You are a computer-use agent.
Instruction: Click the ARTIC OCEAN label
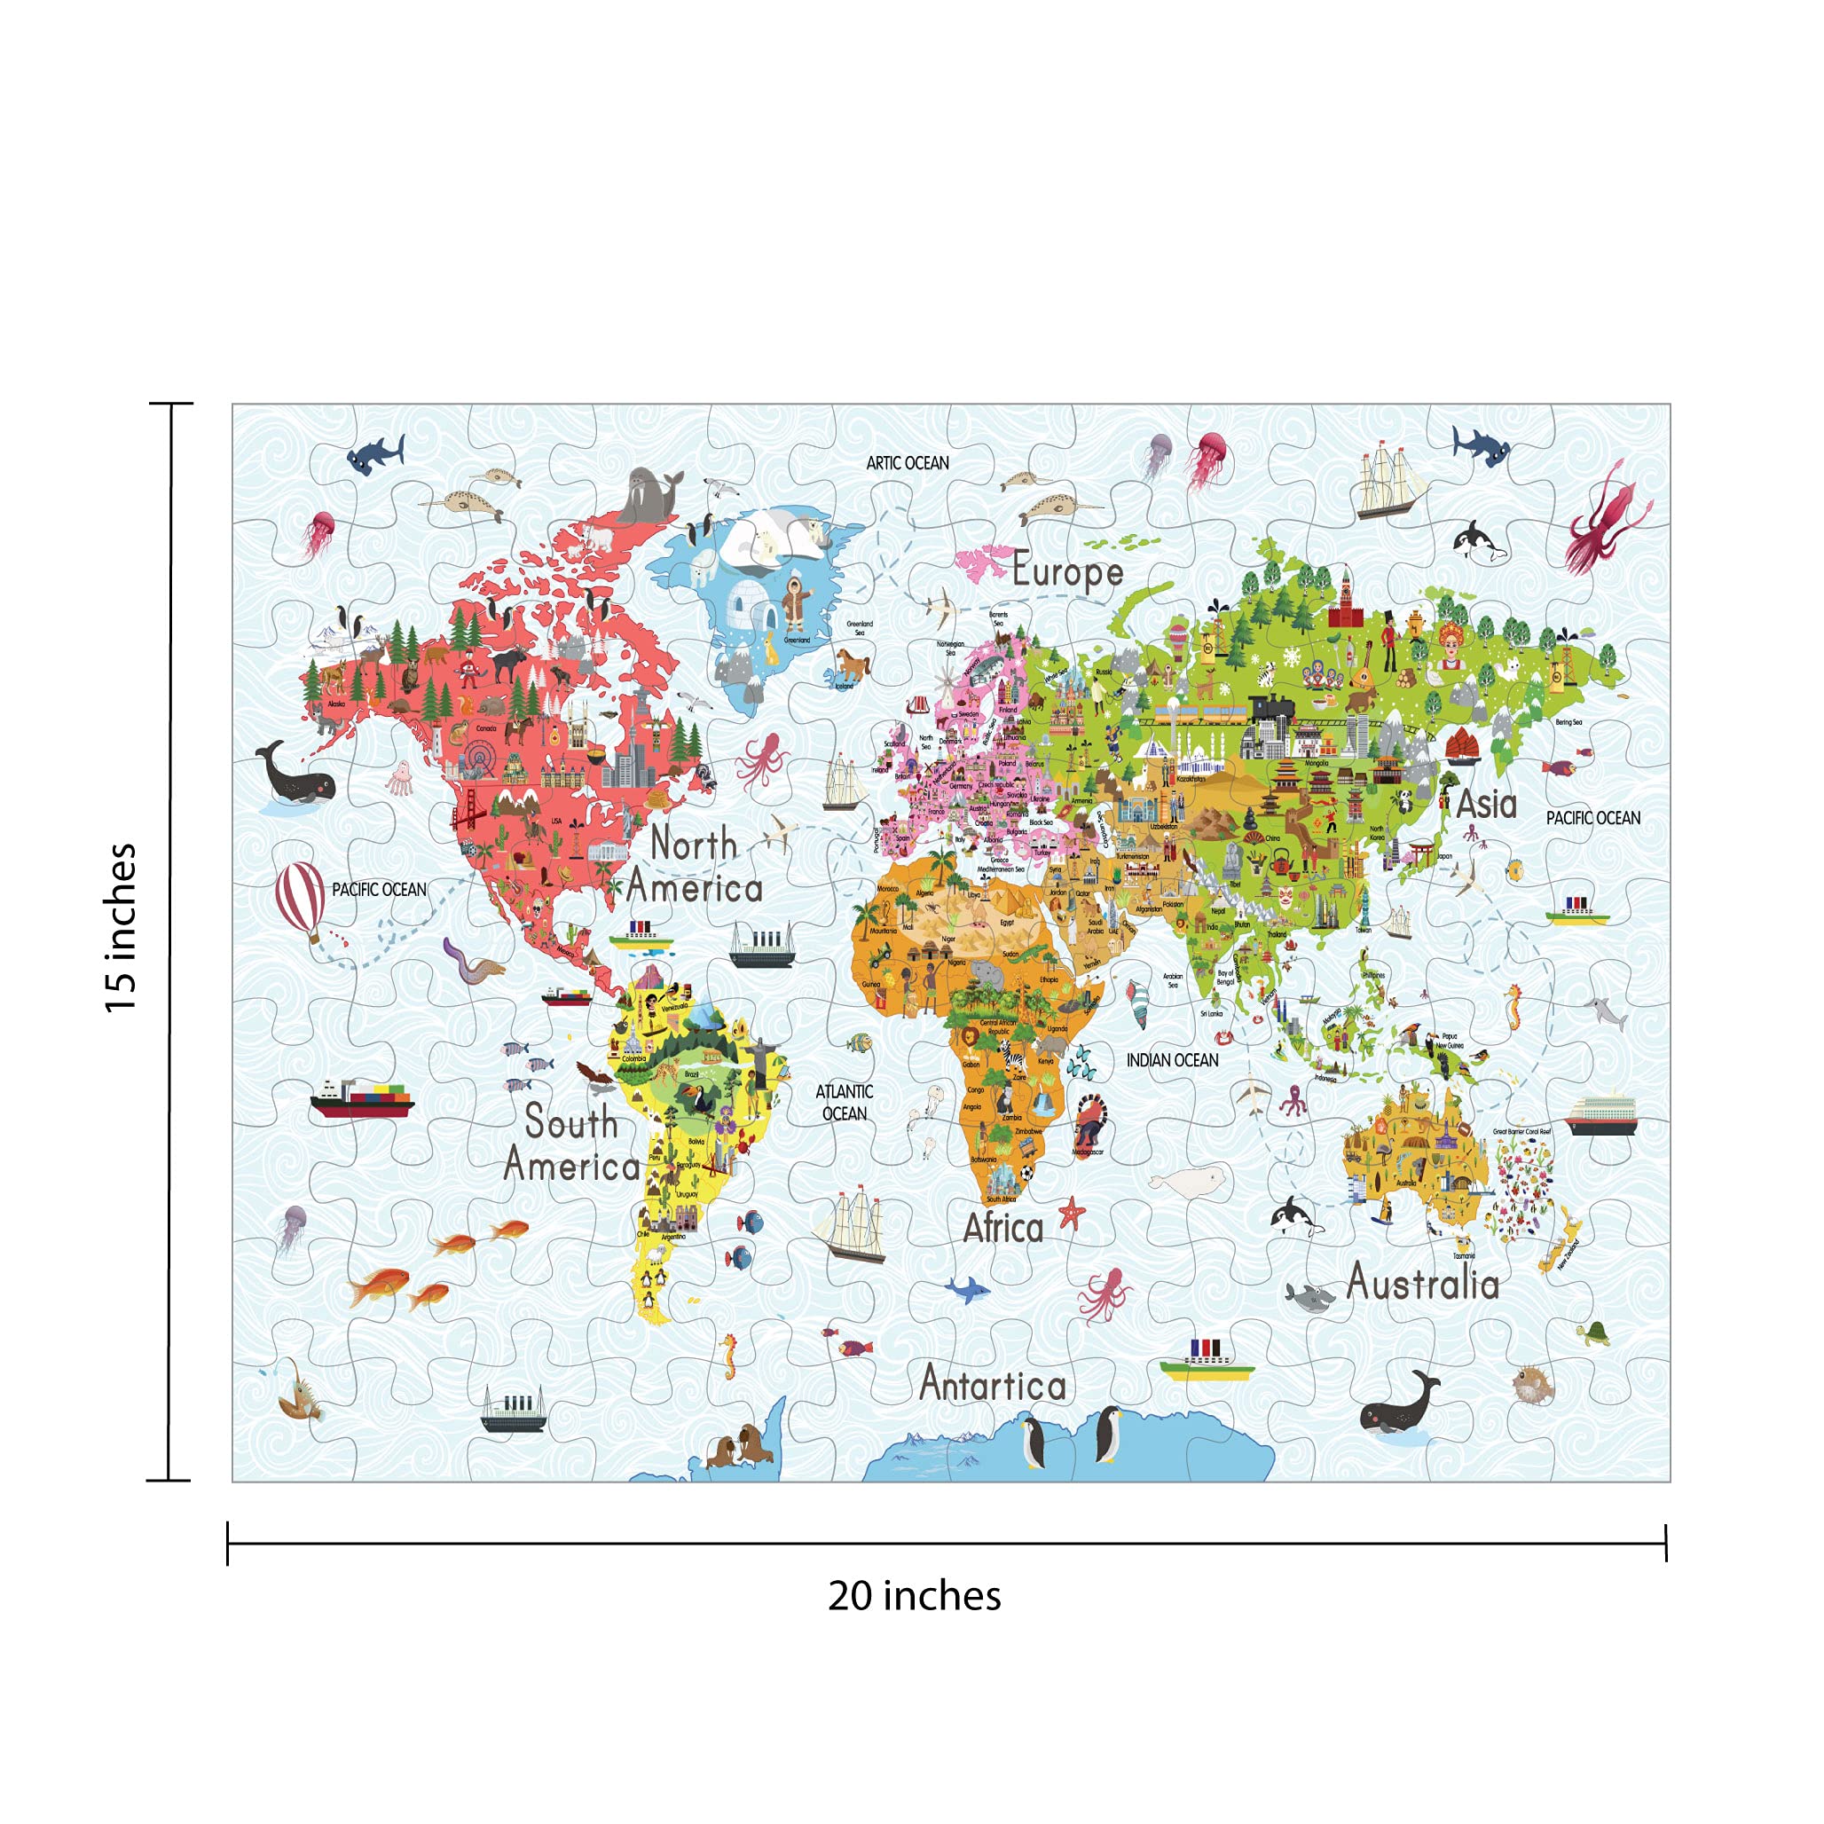pyautogui.click(x=908, y=462)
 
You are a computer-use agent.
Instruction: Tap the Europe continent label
pyautogui.click(x=1068, y=572)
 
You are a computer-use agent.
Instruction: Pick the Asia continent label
pyautogui.click(x=1486, y=805)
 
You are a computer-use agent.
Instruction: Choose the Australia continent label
pyautogui.click(x=1422, y=1283)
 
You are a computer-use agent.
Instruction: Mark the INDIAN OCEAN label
pyautogui.click(x=1172, y=1060)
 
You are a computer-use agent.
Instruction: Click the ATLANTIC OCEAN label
pyautogui.click(x=844, y=1103)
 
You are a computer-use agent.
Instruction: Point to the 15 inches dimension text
pyautogui.click(x=121, y=928)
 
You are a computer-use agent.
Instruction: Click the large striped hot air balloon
pyautogui.click(x=300, y=898)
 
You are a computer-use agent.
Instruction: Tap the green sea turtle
pyautogui.click(x=1594, y=1333)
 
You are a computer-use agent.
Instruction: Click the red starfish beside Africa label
pyautogui.click(x=1072, y=1212)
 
